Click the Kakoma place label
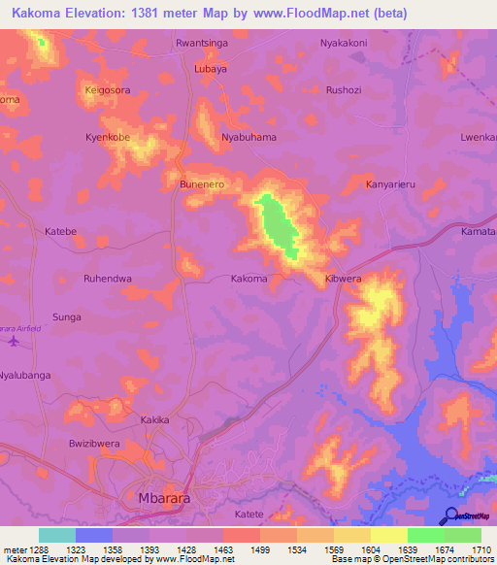click(248, 279)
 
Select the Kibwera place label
click(342, 279)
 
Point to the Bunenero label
click(203, 183)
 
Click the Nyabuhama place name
click(249, 137)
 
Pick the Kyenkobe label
click(108, 137)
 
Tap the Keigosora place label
click(108, 90)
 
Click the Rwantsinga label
click(201, 44)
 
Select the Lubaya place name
click(211, 69)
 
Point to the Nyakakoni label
click(344, 44)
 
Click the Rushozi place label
click(344, 90)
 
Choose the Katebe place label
click(61, 231)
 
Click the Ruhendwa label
click(108, 279)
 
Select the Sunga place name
click(67, 317)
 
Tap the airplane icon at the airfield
click(13, 341)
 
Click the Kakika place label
click(155, 420)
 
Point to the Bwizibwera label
click(92, 442)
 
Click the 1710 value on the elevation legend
click(482, 549)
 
